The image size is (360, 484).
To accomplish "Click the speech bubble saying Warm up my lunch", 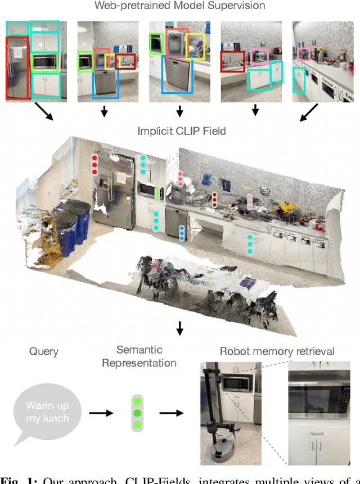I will tap(47, 412).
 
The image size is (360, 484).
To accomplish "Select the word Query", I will tap(43, 351).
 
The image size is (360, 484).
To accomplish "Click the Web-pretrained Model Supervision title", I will tap(180, 6).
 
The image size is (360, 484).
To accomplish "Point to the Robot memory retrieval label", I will tap(277, 351).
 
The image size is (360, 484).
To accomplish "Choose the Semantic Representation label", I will tap(139, 356).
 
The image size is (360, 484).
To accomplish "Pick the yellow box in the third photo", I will tap(196, 47).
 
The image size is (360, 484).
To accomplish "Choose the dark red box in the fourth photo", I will tap(232, 62).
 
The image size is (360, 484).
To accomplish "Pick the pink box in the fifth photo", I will tap(304, 54).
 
